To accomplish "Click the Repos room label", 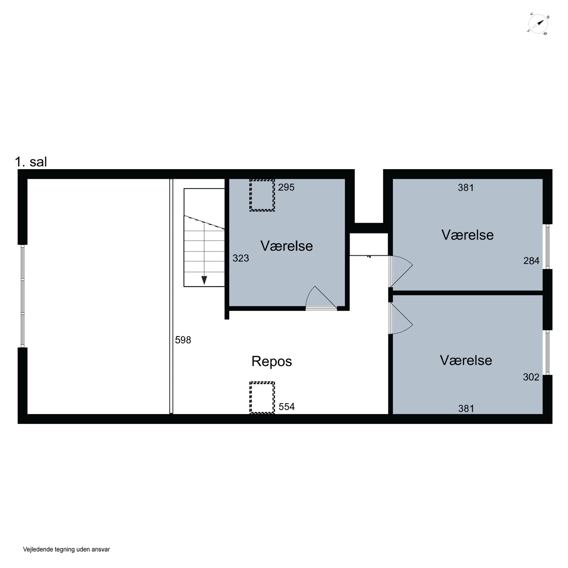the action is (272, 361).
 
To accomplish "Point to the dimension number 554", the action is (287, 407).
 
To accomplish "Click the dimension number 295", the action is (286, 187).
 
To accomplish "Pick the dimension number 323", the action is (241, 258).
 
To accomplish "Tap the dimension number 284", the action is (531, 261).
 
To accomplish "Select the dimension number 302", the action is (531, 377).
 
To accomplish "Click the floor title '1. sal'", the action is (31, 162).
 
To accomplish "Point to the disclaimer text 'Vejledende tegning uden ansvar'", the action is (66, 549).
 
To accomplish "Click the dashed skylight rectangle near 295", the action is (262, 195).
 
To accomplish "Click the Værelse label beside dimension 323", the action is (287, 246).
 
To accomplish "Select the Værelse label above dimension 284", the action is (467, 235).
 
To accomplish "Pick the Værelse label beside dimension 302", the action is (466, 360).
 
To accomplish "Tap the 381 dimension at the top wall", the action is (466, 188).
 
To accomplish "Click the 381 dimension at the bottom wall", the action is (466, 408).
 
